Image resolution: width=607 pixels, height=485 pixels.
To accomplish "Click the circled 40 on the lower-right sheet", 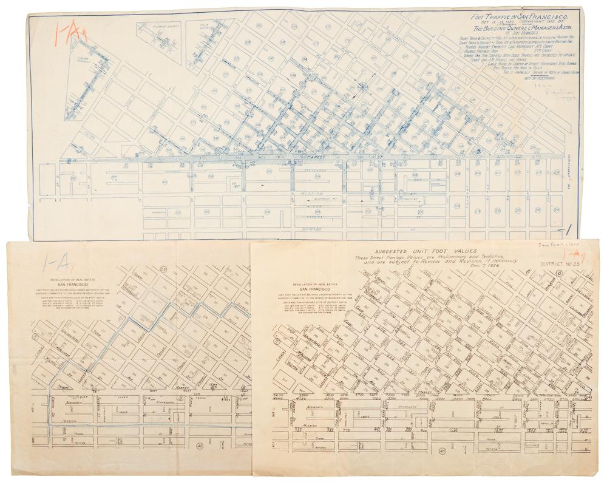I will [x=443, y=451].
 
